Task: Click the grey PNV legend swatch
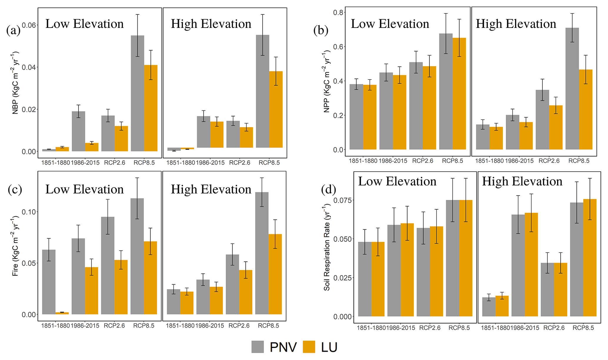click(258, 347)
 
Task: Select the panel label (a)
click(13, 30)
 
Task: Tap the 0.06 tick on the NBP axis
click(29, 25)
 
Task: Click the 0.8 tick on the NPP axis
click(338, 12)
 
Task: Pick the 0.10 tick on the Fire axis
click(29, 212)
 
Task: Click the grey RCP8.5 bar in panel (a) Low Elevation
click(137, 93)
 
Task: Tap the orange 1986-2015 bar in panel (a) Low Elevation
click(92, 147)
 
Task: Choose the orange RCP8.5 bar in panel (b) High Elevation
click(586, 109)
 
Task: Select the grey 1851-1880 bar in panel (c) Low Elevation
click(49, 282)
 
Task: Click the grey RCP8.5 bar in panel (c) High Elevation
click(262, 253)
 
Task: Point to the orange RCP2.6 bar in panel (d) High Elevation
click(560, 289)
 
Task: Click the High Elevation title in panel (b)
click(516, 24)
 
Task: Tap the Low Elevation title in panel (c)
click(84, 189)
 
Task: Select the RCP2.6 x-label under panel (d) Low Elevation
click(430, 328)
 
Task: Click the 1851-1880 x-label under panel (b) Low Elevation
click(363, 161)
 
